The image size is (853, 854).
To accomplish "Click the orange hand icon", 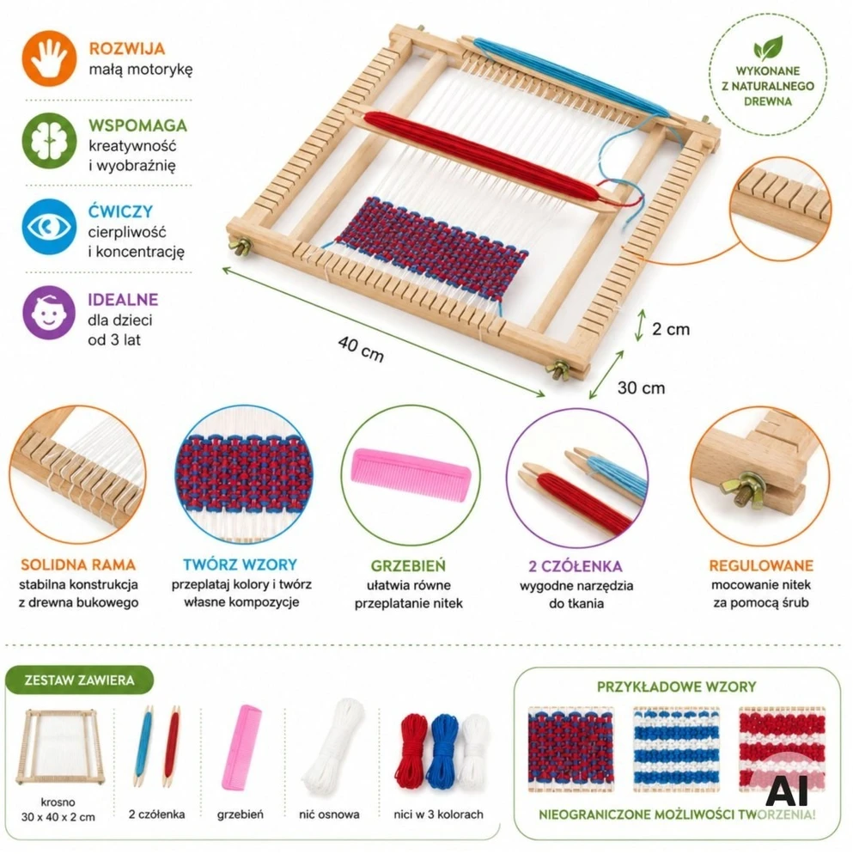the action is pos(49,58).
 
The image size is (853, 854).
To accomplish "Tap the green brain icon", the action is pos(49,141).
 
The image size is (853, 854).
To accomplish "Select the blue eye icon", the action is pos(49,227).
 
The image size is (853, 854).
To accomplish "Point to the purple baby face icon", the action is pos(49,313).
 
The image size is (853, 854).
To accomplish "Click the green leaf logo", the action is pos(768,48).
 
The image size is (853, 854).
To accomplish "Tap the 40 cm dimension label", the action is pos(361,349).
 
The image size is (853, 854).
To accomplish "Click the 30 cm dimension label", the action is pos(641,387).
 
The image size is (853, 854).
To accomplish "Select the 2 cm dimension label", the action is pos(671,329).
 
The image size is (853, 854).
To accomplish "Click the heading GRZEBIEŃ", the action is pos(408,566).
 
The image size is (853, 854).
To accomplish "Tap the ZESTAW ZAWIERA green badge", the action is pos(80,680).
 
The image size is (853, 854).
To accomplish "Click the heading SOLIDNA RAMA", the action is pos(78,564).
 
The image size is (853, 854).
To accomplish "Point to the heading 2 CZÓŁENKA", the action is pos(576,566).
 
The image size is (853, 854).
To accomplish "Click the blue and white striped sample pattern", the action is pos(677,749).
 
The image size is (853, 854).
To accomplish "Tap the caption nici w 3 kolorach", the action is pos(438,814).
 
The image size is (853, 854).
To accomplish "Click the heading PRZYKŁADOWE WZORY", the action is pos(677,686).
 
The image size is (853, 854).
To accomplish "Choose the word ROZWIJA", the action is pos(127,48).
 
